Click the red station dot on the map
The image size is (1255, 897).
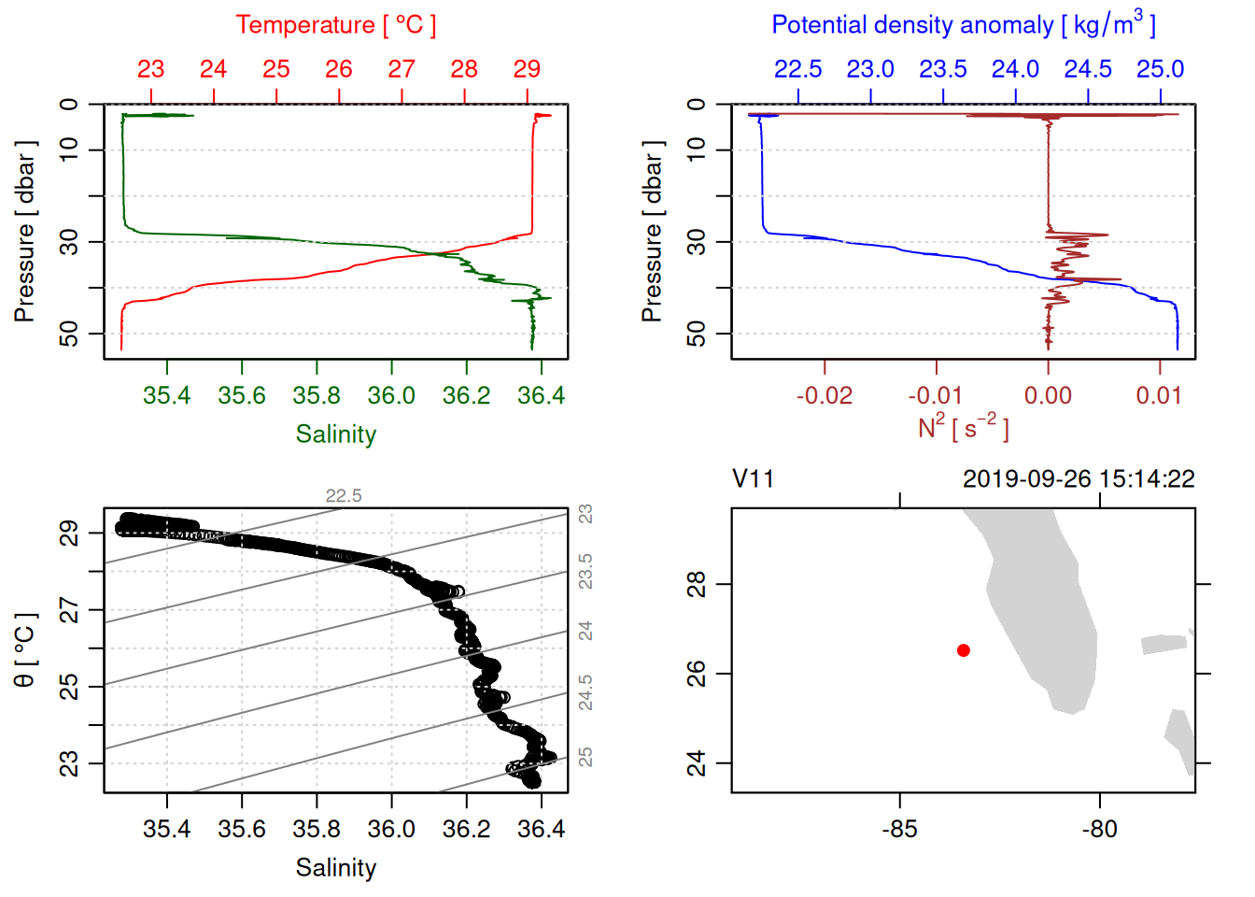pos(963,650)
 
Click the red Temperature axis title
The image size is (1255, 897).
pos(335,25)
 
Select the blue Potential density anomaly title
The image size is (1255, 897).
pos(963,24)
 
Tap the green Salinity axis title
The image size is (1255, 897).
pos(335,434)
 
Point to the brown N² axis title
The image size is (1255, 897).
pos(963,427)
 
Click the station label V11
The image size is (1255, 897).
pos(753,479)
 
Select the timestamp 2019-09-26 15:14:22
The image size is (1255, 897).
pos(1079,479)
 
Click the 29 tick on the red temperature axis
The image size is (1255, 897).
pos(527,69)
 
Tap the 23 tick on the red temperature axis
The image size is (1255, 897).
pos(150,69)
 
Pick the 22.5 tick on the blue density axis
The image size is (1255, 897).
pos(798,69)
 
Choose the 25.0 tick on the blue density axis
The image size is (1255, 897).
pos(1160,69)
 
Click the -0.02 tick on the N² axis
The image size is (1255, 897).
pos(825,395)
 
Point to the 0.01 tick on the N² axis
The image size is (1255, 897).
pos(1159,395)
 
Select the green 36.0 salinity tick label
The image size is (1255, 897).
pos(391,395)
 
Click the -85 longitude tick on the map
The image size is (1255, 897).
pos(899,829)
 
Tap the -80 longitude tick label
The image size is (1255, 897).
pos(1099,829)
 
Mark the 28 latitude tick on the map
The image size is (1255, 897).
pos(697,584)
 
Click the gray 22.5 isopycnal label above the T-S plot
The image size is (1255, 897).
pos(344,496)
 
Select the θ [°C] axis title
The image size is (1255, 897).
pos(25,650)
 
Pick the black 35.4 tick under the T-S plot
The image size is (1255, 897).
pos(166,829)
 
